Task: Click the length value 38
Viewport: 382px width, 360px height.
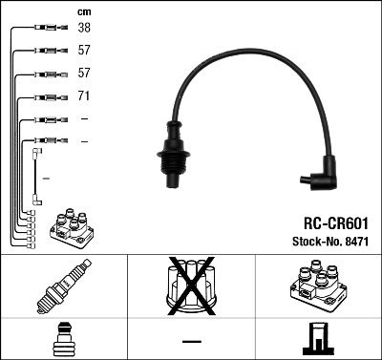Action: [x=83, y=29]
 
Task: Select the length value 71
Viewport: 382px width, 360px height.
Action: [x=83, y=96]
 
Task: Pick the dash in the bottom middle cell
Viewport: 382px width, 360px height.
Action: [x=191, y=341]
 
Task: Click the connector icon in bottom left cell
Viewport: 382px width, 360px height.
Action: [x=62, y=340]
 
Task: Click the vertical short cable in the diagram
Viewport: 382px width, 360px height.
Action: [x=36, y=176]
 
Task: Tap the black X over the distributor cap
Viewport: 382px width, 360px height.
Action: [x=191, y=287]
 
